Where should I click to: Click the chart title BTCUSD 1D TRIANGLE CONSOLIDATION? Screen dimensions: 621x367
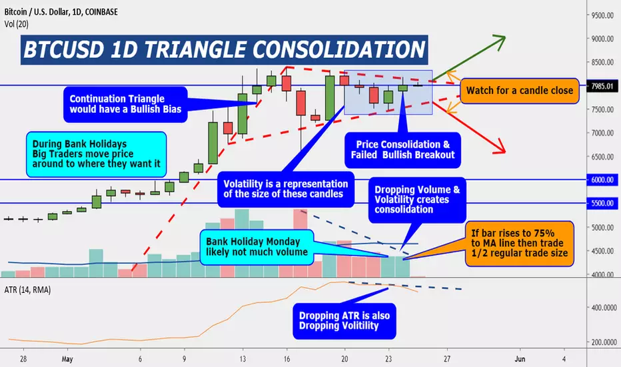coord(224,49)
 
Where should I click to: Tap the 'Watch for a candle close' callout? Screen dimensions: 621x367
coord(520,91)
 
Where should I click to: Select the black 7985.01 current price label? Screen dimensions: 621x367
coord(602,86)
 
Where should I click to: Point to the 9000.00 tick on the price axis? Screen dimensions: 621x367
coord(602,39)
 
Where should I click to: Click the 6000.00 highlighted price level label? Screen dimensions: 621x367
coord(602,179)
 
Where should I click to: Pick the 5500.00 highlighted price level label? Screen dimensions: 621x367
coord(602,203)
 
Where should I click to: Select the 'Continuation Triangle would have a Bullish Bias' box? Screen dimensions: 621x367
coord(125,104)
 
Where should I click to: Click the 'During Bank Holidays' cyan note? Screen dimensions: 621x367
coord(96,154)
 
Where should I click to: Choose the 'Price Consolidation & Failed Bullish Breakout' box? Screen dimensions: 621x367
coord(402,150)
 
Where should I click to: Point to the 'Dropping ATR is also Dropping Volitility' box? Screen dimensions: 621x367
coord(344,321)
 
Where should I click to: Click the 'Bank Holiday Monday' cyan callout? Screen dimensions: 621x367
coord(257,247)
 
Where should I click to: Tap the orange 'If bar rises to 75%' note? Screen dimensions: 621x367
coord(519,243)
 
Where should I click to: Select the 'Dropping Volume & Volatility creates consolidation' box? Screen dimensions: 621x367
coord(417,200)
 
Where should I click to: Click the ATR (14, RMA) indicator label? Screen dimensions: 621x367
coord(27,290)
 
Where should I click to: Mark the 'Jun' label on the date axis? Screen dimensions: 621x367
coord(520,359)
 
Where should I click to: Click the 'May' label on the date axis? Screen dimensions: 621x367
coord(67,359)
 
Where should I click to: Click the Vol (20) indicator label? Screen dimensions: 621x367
coord(16,24)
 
